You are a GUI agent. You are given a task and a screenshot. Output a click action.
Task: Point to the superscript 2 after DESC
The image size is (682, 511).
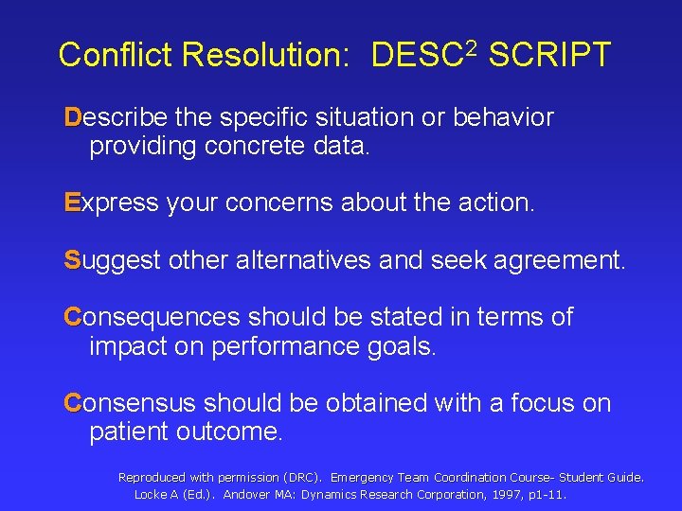[476, 44]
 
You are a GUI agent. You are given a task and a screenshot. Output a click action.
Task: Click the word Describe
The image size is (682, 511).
[116, 118]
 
